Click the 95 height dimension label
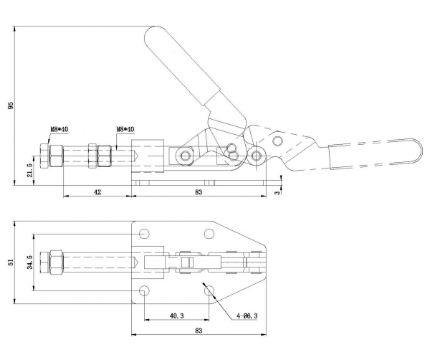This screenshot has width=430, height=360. (11, 105)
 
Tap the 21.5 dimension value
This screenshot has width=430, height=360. (30, 170)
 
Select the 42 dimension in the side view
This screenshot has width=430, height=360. (97, 191)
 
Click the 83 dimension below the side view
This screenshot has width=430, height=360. (199, 191)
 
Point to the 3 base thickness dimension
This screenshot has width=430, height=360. (278, 193)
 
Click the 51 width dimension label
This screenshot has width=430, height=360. (11, 262)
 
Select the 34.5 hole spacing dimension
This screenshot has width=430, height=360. (30, 262)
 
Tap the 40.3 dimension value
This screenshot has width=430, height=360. (176, 316)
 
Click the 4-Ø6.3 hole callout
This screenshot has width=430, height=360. (247, 316)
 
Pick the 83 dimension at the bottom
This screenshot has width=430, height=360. (199, 331)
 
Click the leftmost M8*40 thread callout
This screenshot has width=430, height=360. (59, 129)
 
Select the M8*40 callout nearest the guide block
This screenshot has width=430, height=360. (125, 129)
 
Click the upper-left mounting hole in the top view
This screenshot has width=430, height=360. (144, 234)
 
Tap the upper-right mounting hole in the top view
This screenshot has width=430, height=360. (209, 234)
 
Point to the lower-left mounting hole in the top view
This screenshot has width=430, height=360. (144, 290)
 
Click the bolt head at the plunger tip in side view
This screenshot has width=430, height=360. (44, 156)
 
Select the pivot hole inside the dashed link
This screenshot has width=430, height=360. (278, 141)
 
